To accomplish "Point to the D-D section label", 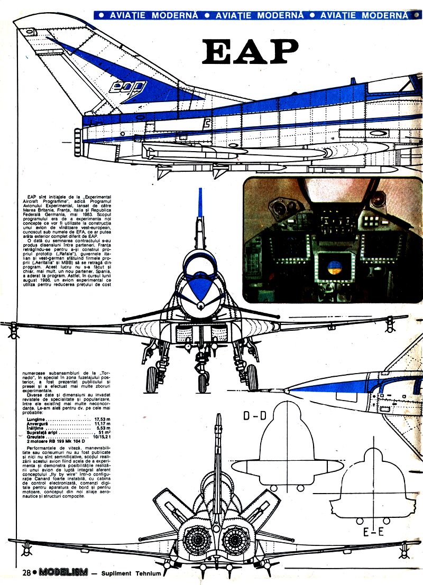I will tap(254, 416).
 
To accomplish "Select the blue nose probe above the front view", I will tap(200, 203).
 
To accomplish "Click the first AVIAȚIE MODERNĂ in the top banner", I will tap(153, 15).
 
